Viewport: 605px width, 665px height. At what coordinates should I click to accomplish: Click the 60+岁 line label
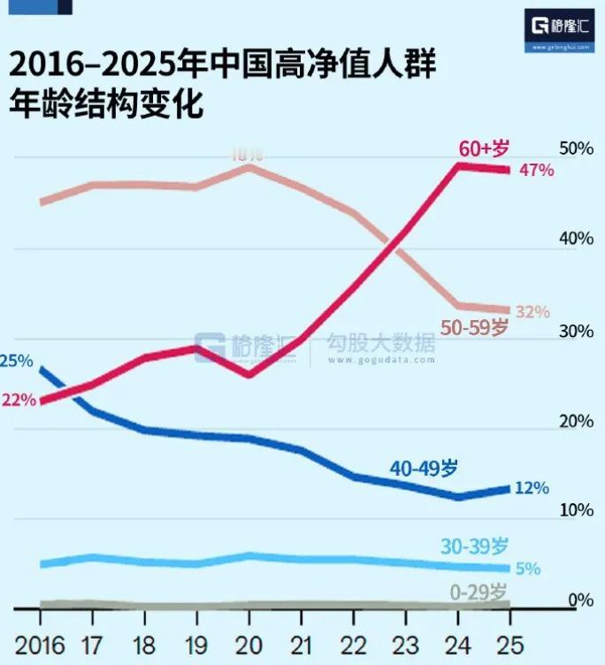point(485,147)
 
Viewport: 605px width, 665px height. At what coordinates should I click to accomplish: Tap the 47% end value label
point(537,170)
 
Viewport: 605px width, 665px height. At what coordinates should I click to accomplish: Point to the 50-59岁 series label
point(475,328)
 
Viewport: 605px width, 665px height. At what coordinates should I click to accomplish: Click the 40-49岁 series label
point(425,469)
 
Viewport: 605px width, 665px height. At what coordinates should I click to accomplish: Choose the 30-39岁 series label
point(475,546)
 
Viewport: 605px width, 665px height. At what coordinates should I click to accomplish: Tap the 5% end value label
point(528,569)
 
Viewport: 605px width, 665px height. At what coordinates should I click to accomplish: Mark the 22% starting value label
point(19,400)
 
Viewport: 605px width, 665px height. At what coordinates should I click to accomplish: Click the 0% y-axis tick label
point(581,601)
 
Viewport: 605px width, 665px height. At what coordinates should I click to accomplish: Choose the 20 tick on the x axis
point(249,641)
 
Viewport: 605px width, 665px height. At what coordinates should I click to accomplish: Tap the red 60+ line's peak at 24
point(458,165)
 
